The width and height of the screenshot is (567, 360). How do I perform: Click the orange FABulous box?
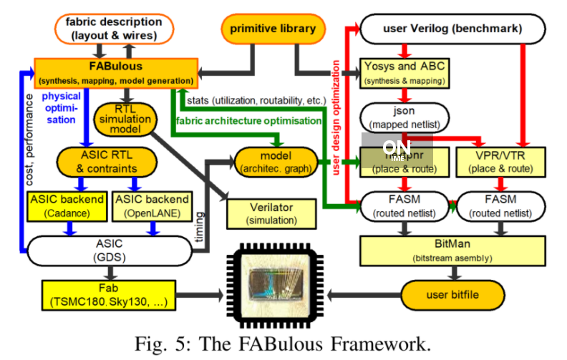(x=115, y=71)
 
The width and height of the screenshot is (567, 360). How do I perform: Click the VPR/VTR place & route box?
(x=501, y=162)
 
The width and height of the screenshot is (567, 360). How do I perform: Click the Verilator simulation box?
(x=271, y=213)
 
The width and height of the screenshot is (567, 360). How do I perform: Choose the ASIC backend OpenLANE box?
(x=152, y=205)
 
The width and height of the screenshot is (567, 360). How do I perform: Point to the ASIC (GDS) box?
(x=108, y=249)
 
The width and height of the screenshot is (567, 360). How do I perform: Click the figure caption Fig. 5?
(x=283, y=342)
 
